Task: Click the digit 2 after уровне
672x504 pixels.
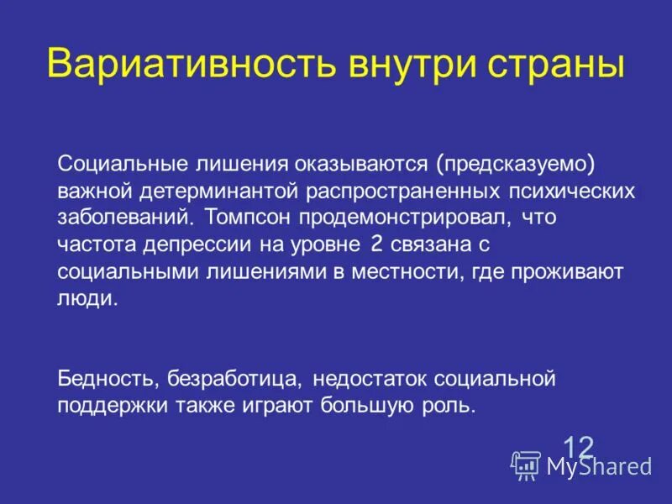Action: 375,244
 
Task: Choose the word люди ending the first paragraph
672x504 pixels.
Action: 87,300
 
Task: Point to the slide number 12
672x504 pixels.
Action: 578,445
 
